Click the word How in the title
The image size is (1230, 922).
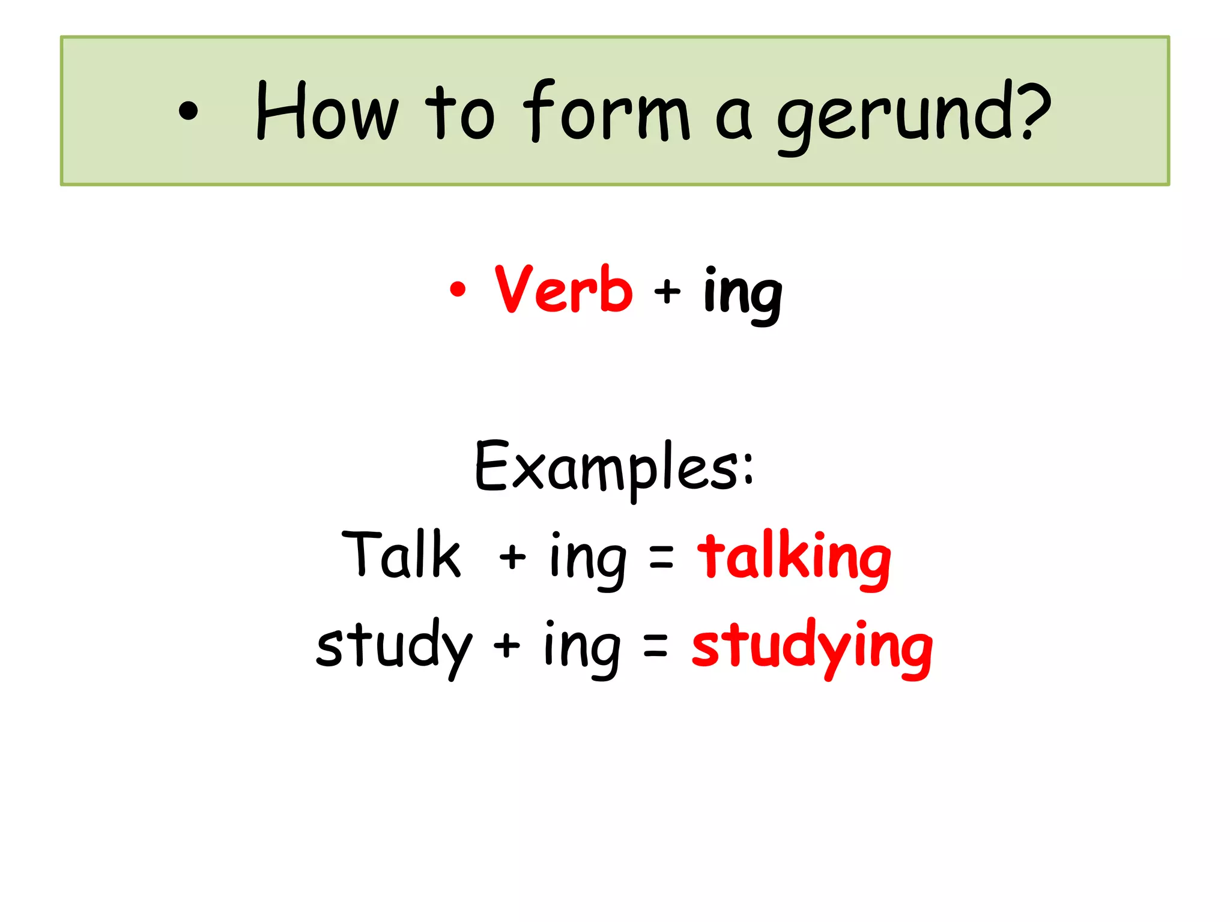[x=327, y=112]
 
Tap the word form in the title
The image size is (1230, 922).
[x=607, y=112]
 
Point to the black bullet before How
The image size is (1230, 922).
[x=188, y=111]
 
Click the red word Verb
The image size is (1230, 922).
[x=563, y=289]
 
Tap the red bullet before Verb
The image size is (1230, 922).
[x=458, y=289]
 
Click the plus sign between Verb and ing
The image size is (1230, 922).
[x=667, y=292]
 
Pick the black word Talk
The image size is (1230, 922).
[x=401, y=555]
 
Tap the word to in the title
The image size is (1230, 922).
[x=460, y=112]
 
